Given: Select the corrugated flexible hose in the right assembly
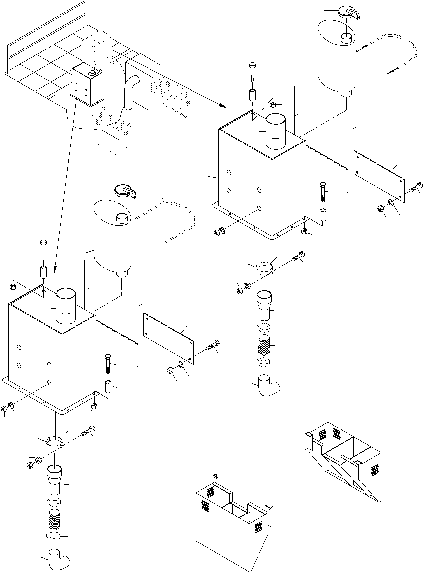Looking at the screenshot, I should point(264,345).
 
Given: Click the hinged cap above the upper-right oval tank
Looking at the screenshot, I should point(348,12).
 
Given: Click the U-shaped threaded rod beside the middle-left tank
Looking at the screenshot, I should point(177,215).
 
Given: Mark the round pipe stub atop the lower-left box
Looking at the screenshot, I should point(66,306).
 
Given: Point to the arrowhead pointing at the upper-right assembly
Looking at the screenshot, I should point(223,105).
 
